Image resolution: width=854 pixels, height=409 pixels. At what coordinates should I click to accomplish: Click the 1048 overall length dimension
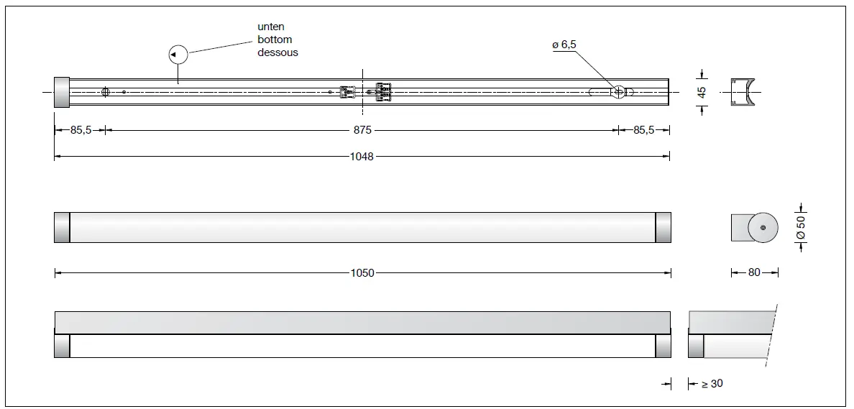pyautogui.click(x=362, y=157)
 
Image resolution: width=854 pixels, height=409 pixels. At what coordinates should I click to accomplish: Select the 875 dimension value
pyautogui.click(x=362, y=130)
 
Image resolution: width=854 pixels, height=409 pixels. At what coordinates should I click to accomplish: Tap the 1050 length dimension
pyautogui.click(x=362, y=273)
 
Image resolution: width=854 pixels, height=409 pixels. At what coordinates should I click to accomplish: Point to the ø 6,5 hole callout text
pyautogui.click(x=564, y=45)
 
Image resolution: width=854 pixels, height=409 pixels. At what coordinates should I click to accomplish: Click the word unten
pyautogui.click(x=271, y=27)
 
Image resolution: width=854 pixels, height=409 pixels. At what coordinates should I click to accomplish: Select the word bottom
pyautogui.click(x=275, y=40)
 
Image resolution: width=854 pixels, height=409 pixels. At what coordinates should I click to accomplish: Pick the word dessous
pyautogui.click(x=277, y=52)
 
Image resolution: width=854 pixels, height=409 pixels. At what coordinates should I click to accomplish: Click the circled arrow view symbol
pyautogui.click(x=177, y=55)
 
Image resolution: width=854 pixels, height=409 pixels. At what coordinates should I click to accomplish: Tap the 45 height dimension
pyautogui.click(x=702, y=91)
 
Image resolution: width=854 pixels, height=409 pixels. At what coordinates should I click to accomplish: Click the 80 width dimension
pyautogui.click(x=755, y=273)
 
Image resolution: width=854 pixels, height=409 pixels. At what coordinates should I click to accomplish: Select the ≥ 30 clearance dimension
pyautogui.click(x=712, y=384)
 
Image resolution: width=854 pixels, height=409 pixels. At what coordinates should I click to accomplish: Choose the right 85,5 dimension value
pyautogui.click(x=643, y=130)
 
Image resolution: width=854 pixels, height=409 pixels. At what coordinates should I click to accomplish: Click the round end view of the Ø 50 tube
pyautogui.click(x=763, y=228)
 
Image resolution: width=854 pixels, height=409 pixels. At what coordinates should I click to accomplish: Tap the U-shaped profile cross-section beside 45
pyautogui.click(x=744, y=91)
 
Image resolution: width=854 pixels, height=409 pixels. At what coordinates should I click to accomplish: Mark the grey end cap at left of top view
pyautogui.click(x=61, y=91)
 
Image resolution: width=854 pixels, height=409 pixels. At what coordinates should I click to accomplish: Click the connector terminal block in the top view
pyautogui.click(x=382, y=91)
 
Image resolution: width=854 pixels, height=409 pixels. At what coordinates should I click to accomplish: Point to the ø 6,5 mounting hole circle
pyautogui.click(x=618, y=91)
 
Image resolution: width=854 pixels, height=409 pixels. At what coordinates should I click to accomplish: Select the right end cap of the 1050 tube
pyautogui.click(x=663, y=227)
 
